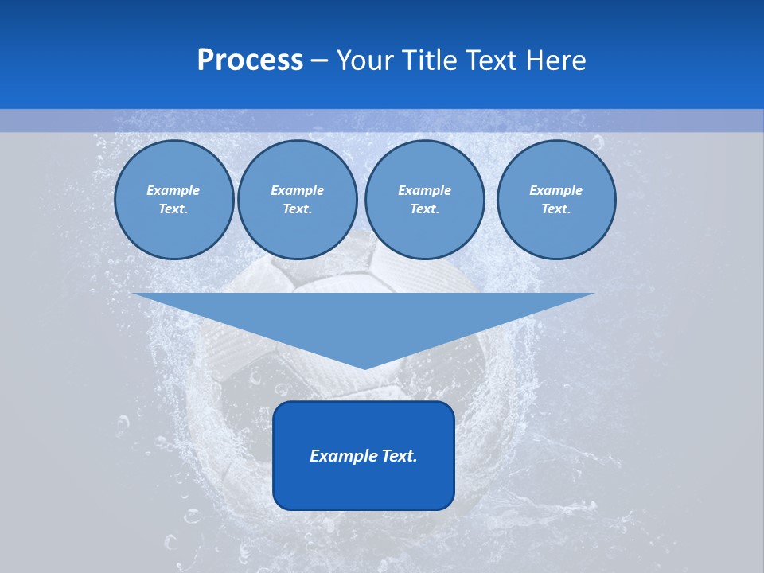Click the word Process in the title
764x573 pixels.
tap(250, 60)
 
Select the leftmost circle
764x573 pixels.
tap(173, 200)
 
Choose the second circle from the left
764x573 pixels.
tap(297, 200)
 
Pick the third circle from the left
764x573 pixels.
tap(424, 200)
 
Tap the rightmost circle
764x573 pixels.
tap(555, 200)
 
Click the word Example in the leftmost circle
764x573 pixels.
tap(173, 190)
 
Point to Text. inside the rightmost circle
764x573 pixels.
tap(555, 209)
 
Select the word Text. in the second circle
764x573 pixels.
tap(297, 209)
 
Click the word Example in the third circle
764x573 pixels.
tap(424, 190)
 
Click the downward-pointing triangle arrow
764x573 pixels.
tap(364, 318)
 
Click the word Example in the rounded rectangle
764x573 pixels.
tap(340, 456)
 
